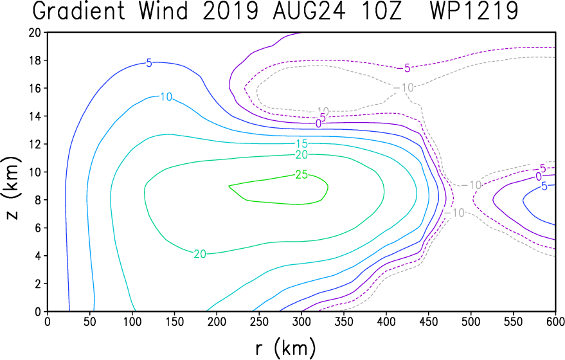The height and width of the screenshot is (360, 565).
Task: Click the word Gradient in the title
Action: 78,11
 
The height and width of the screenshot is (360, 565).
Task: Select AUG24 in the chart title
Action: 309,11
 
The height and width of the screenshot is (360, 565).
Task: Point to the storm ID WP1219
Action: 474,11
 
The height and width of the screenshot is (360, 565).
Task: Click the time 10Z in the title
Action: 380,11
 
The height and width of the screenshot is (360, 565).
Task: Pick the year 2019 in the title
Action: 231,11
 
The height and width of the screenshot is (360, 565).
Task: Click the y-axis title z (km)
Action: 12,188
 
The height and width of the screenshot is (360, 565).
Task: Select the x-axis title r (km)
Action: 286,348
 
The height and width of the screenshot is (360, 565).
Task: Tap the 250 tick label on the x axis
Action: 259,321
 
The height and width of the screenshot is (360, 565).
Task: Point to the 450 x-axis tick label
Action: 428,321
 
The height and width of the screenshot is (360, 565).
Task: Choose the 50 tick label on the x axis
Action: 89,321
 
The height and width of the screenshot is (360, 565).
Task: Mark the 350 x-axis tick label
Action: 343,321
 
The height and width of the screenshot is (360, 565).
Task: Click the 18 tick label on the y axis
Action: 35,60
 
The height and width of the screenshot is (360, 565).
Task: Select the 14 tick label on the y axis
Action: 35,116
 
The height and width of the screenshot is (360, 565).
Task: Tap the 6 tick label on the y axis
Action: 38,228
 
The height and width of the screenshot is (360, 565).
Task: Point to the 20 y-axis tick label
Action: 35,32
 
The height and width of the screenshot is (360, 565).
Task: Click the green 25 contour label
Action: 301,175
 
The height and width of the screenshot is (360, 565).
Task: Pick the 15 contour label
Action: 301,144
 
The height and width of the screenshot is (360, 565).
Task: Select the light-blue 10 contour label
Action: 166,96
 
